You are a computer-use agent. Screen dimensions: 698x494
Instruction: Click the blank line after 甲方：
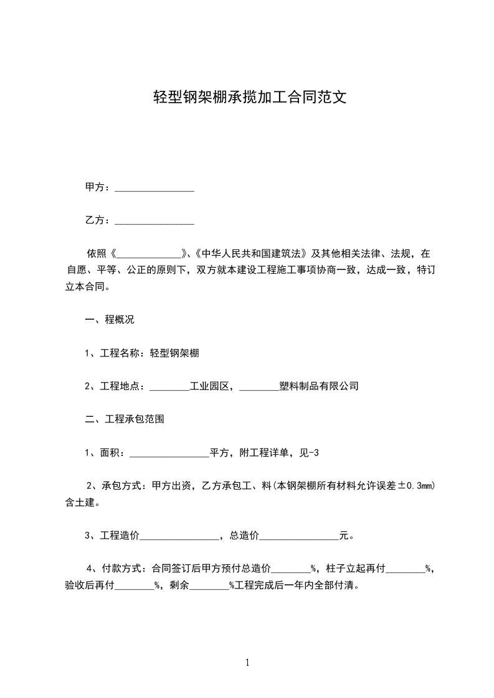click(154, 188)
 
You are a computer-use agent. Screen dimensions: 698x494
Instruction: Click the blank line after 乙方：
click(154, 221)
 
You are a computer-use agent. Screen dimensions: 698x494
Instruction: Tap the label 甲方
click(94, 187)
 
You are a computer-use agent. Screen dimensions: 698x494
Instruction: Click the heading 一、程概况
click(110, 320)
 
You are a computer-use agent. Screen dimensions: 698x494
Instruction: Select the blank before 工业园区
click(169, 387)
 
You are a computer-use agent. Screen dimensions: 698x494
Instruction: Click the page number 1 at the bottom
click(247, 663)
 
